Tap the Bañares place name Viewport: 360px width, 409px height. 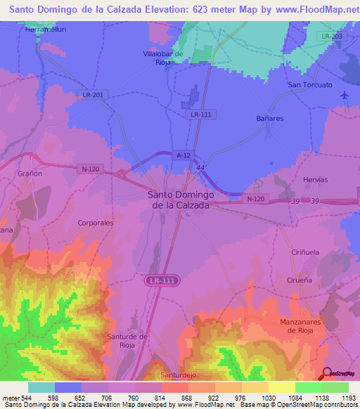click(x=270, y=119)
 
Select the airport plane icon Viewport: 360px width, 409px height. click(x=344, y=95)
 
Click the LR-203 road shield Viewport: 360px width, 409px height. click(x=328, y=36)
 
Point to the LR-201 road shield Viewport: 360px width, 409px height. click(x=92, y=95)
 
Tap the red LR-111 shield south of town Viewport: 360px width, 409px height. click(x=161, y=280)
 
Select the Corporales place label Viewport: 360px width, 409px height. click(x=96, y=223)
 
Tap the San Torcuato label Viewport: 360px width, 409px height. click(x=309, y=85)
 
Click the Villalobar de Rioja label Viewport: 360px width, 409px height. click(x=163, y=57)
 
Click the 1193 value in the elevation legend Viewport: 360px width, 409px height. click(x=347, y=398)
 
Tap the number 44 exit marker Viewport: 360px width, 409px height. click(x=201, y=167)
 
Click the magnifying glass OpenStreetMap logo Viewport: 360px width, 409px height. click(x=326, y=372)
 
